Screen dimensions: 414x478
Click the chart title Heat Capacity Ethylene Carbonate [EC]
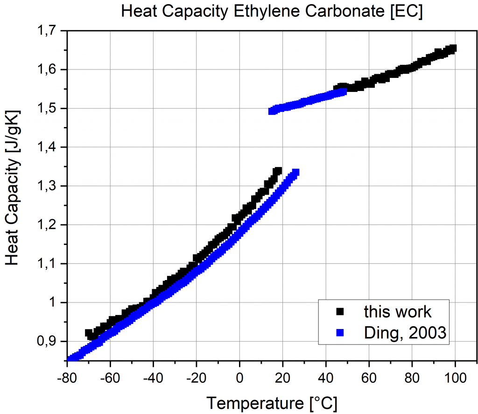pos(272,11)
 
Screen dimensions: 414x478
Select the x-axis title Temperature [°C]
pos(272,401)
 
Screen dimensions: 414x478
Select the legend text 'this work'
pos(398,311)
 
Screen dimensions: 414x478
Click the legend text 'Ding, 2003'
pos(404,333)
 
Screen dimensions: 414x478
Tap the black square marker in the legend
pos(340,311)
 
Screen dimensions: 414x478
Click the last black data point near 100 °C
pos(452,49)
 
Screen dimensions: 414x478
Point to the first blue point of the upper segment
pos(272,111)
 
